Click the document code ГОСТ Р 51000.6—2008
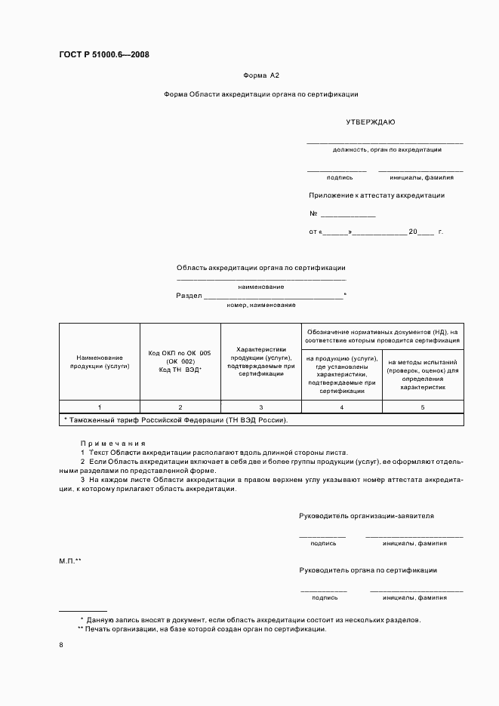point(103,54)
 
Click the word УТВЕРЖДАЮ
point(371,121)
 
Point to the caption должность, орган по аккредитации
point(387,150)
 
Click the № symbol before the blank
point(313,213)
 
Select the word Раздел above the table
point(189,296)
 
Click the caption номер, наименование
point(260,305)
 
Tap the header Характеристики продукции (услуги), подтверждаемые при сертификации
point(260,361)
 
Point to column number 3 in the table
point(260,407)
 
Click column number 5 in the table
point(422,407)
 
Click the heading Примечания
point(112,444)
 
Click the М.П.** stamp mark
point(70,561)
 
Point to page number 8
point(61,645)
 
